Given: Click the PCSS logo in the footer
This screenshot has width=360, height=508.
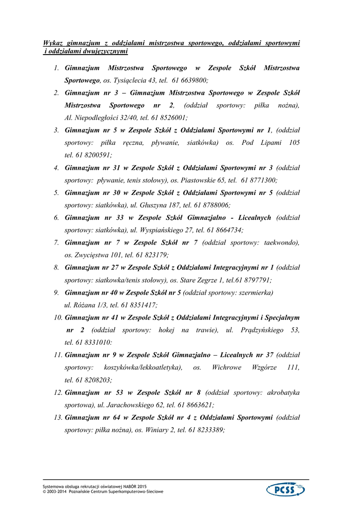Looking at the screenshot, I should click(286, 490).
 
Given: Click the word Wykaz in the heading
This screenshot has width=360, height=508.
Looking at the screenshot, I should click(54, 43).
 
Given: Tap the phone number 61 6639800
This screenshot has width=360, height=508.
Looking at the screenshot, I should click(190, 80).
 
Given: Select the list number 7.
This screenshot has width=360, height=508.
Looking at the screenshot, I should click(57, 243).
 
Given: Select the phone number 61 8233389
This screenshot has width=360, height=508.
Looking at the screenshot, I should click(207, 430).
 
